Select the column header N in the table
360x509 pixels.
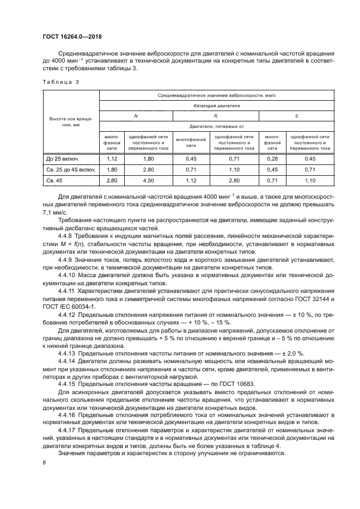(136, 115)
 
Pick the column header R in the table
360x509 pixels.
(216, 115)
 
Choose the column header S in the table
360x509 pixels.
(296, 115)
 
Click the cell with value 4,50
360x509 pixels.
(148, 179)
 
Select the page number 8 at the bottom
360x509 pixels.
(45, 463)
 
